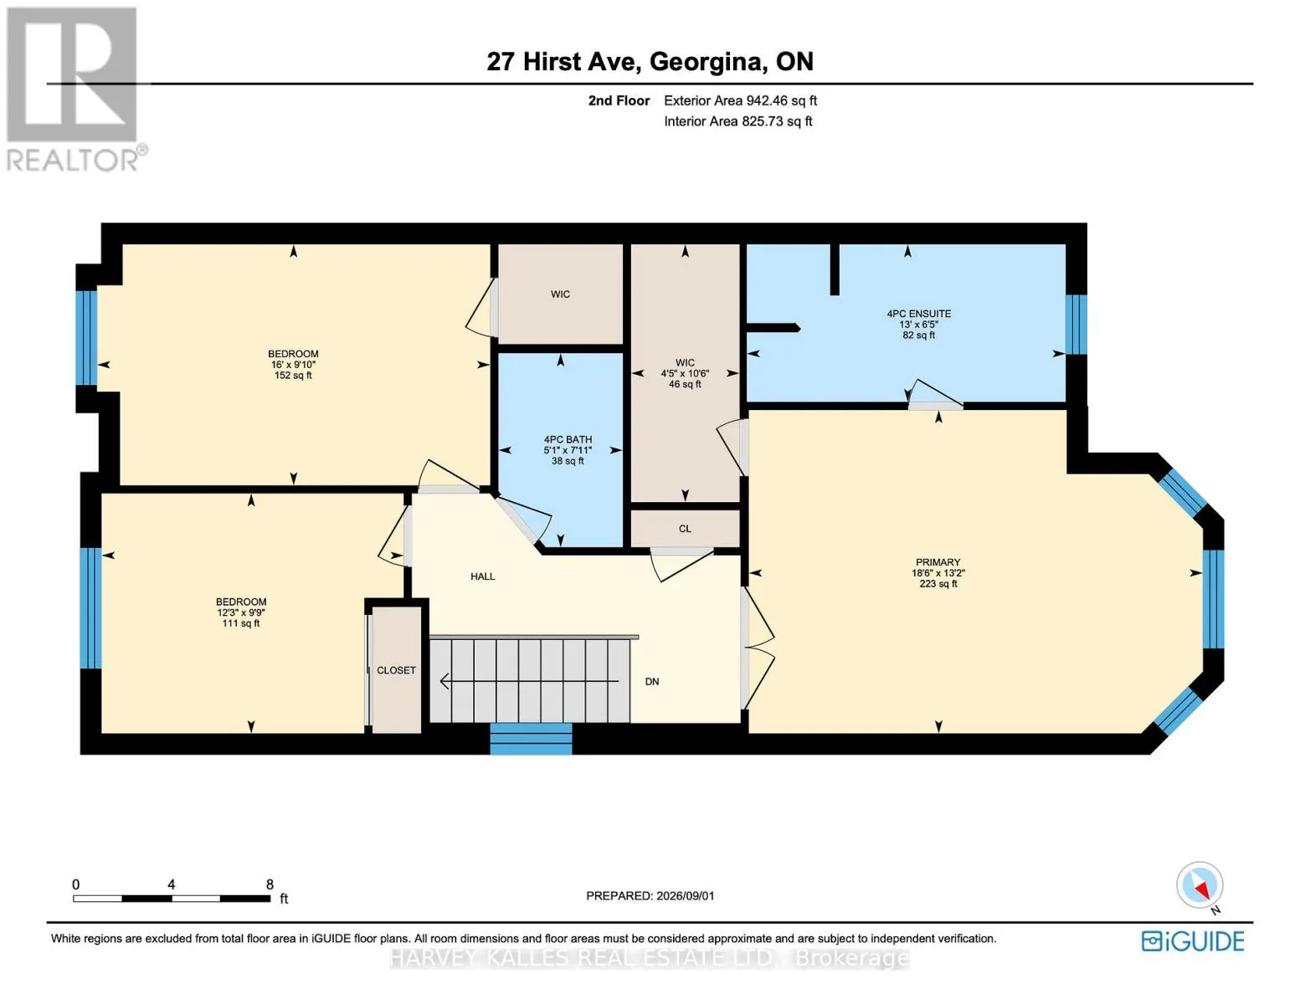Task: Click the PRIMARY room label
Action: coord(938,562)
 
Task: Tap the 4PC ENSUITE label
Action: coord(919,314)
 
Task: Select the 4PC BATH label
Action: coord(568,439)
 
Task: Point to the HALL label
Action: coord(483,576)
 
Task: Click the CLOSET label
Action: coord(396,670)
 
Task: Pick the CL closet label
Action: coord(685,529)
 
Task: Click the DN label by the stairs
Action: coord(652,682)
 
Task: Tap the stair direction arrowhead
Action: coord(444,681)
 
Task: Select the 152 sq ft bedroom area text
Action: coord(293,376)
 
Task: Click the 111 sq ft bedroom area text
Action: coord(241,623)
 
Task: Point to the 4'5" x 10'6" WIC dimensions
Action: coord(685,374)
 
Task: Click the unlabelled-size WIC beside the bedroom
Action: coord(561,295)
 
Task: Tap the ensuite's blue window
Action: coord(1076,324)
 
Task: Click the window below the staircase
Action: coord(532,739)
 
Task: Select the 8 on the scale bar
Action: coord(270,884)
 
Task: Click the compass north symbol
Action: coord(1200,885)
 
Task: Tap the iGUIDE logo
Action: coord(1193,942)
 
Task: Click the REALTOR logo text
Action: coord(72,161)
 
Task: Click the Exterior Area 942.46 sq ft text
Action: coord(741,100)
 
